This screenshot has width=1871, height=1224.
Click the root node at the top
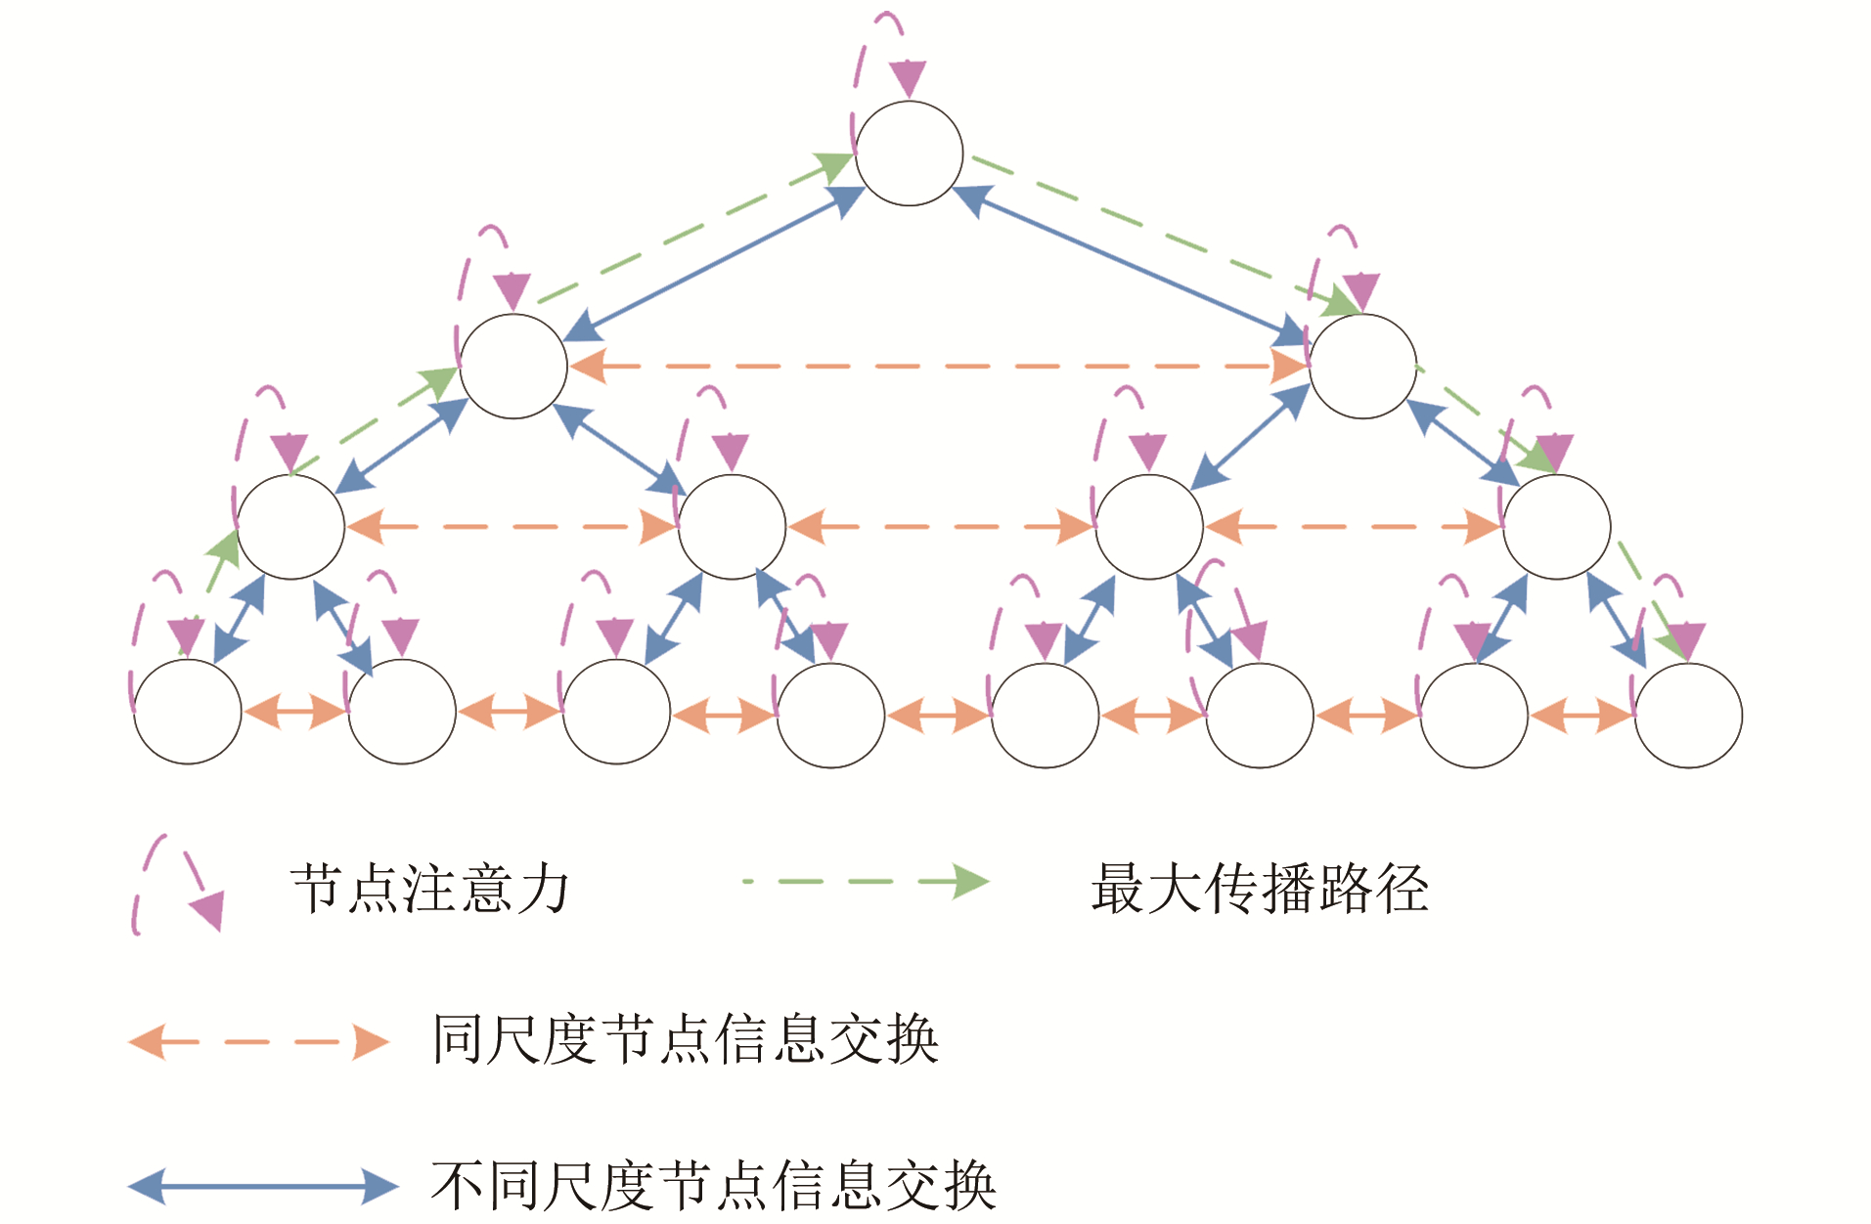point(909,153)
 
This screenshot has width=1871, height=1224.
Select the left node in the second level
point(513,367)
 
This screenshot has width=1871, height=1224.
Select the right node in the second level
point(1362,367)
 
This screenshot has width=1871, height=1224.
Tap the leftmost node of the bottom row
point(187,712)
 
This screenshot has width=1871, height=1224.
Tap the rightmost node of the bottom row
point(1688,716)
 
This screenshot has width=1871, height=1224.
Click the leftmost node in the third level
point(290,527)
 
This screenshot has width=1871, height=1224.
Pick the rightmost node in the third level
point(1556,527)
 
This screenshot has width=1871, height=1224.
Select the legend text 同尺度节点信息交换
point(685,1038)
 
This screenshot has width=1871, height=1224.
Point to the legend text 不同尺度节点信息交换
point(713,1186)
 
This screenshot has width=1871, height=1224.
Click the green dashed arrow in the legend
point(866,881)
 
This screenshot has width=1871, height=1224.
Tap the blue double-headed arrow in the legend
point(263,1187)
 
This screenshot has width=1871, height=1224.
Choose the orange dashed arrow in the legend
point(259,1042)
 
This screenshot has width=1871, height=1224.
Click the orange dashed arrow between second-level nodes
point(938,367)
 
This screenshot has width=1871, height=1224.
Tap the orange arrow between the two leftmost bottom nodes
point(294,712)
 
